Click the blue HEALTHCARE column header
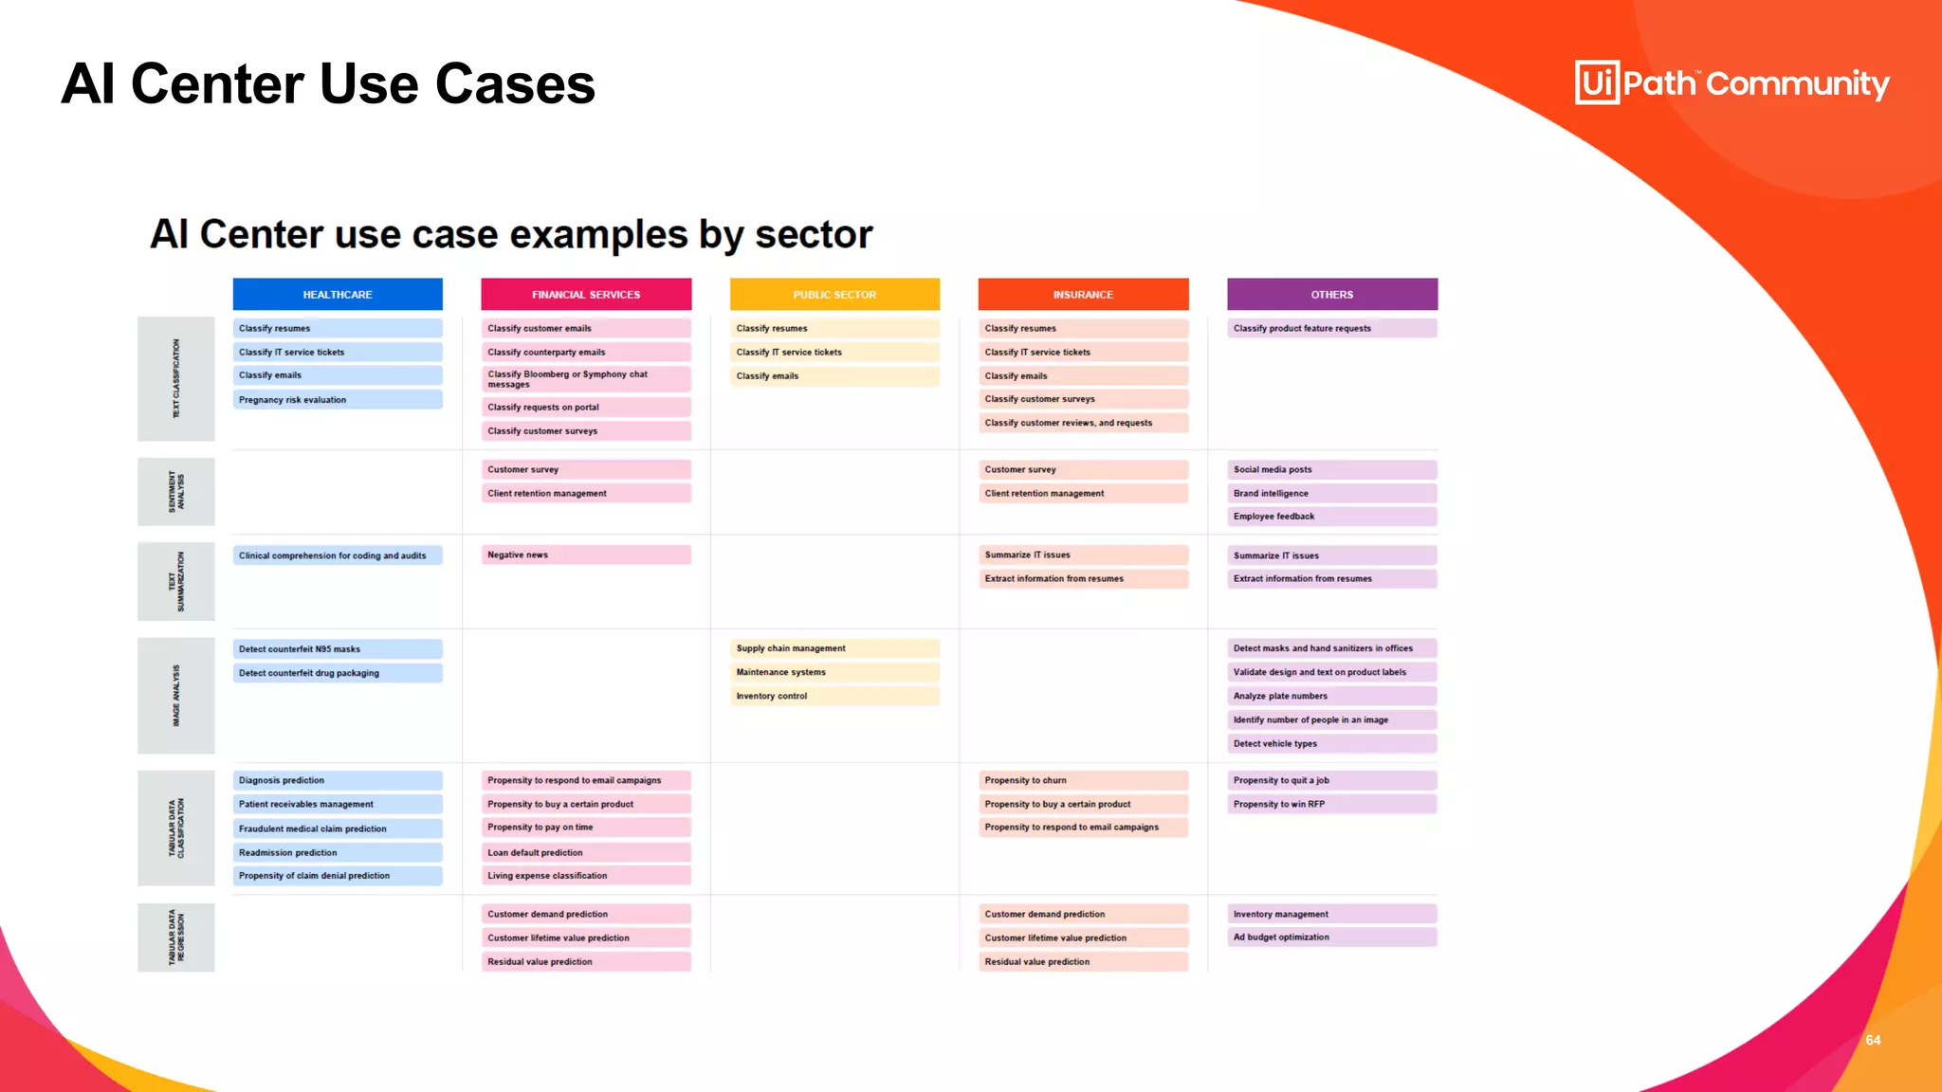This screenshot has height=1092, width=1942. pos(338,295)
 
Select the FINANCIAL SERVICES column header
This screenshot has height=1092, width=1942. pos(586,295)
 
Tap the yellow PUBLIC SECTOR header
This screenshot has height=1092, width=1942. pos(834,295)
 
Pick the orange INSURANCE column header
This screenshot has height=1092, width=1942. pos(1083,295)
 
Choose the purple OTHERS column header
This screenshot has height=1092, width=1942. pos(1332,295)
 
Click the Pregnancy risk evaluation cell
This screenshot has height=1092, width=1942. pos(338,400)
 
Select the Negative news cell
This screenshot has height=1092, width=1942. pos(586,555)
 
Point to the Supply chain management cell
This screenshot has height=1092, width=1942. pos(834,649)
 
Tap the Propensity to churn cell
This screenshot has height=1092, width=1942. pos(1083,781)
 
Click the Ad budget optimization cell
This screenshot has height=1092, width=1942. pos(1332,937)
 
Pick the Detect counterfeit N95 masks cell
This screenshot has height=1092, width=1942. pos(338,649)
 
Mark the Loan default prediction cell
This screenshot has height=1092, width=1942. pos(586,853)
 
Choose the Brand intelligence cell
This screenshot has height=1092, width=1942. pos(1332,494)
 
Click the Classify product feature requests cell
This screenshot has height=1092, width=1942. pos(1332,329)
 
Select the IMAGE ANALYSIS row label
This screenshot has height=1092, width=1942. pos(176,696)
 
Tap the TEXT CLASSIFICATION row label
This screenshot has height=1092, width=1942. pos(176,379)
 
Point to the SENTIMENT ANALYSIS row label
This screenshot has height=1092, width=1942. pos(176,492)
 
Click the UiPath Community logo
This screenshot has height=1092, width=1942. pos(1731,83)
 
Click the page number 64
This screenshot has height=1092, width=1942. pos(1873,1041)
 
